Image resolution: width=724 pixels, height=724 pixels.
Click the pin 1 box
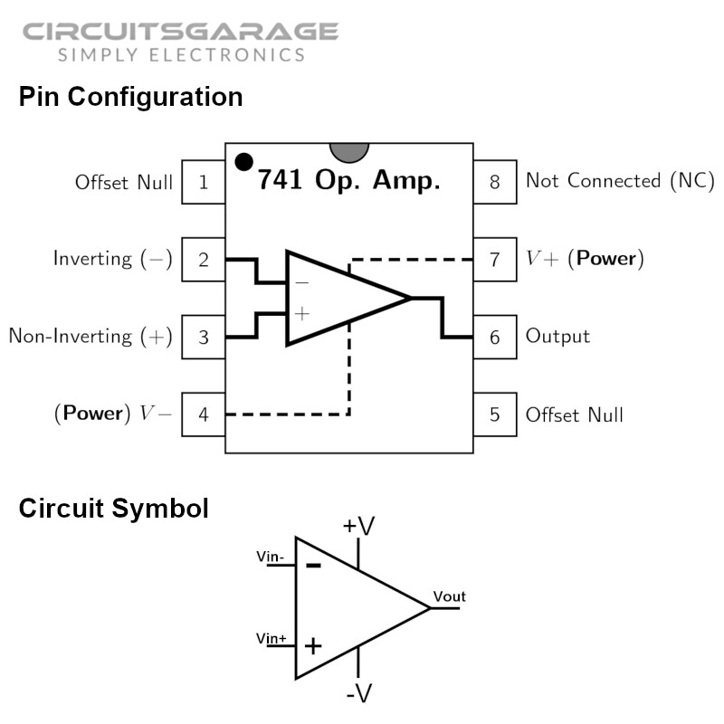[204, 182]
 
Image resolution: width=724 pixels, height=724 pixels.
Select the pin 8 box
[494, 182]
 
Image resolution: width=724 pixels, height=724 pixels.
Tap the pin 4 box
[204, 414]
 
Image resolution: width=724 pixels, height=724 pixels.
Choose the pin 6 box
[494, 337]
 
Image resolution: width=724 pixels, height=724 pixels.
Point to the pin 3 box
[204, 337]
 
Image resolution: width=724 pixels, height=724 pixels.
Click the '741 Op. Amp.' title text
[348, 180]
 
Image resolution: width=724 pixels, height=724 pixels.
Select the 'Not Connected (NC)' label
[620, 181]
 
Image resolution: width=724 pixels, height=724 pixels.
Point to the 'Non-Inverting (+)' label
[90, 337]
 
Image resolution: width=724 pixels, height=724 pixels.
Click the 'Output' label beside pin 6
[557, 337]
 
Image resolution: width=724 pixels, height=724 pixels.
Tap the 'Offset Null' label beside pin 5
[574, 414]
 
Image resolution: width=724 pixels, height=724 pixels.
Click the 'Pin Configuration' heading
[130, 97]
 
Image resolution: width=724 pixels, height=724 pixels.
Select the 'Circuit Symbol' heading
[113, 509]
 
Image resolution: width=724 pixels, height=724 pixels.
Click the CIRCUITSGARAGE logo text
[180, 33]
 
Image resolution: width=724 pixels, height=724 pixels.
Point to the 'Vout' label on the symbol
[449, 596]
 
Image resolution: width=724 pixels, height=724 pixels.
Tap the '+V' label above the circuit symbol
[358, 526]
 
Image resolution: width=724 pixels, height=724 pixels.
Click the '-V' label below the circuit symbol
[358, 694]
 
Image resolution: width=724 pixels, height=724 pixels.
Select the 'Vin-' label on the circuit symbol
[271, 557]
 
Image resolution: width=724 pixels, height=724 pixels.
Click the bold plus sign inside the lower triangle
[312, 646]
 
